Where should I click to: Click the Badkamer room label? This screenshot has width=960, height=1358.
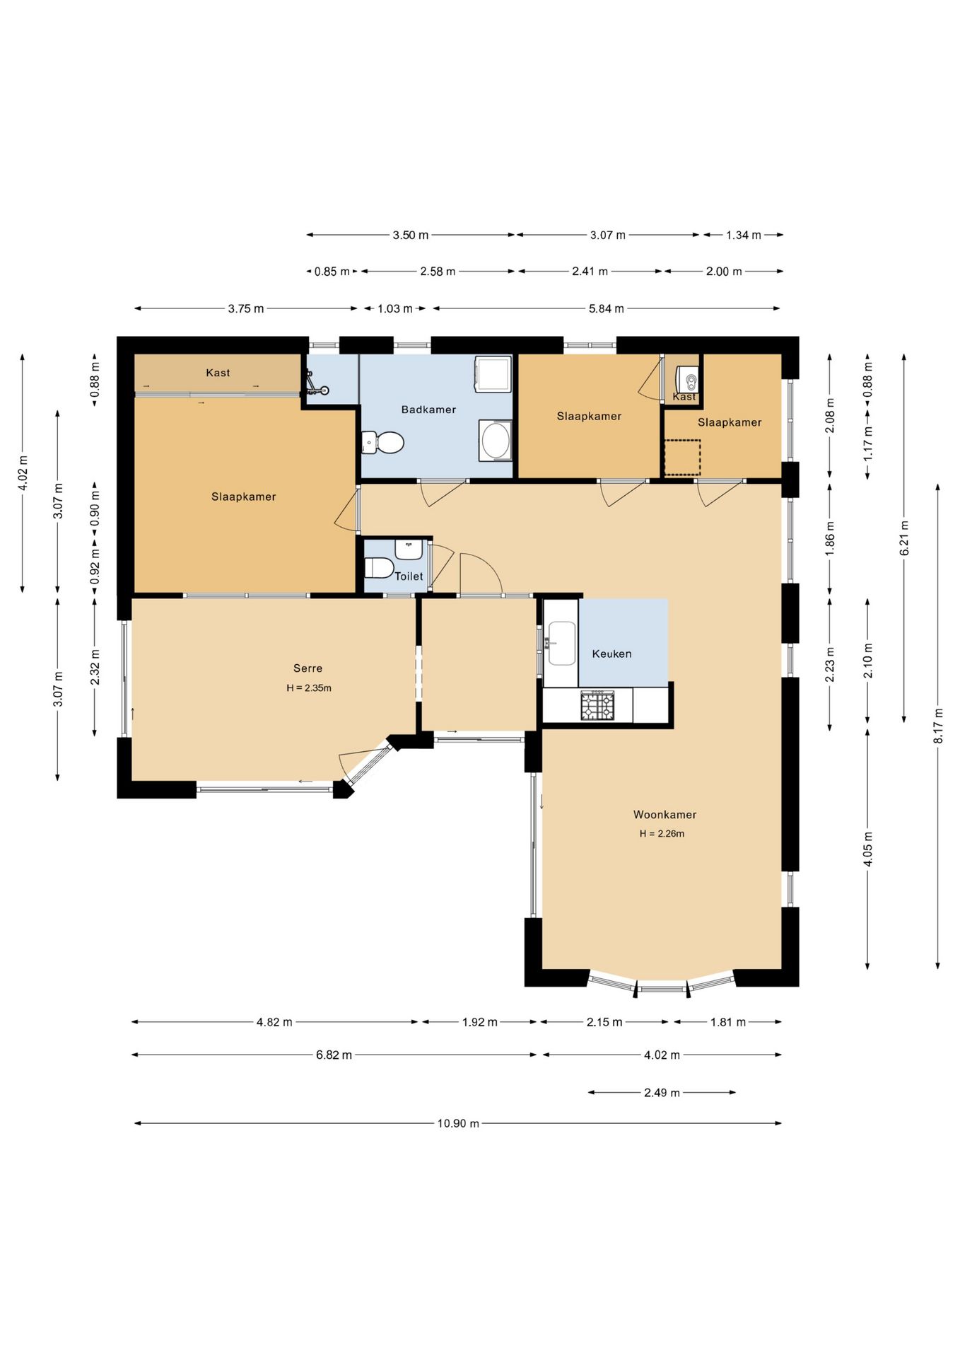[x=428, y=410]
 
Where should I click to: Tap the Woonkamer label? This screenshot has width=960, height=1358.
[x=665, y=815]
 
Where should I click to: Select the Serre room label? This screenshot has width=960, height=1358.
[x=308, y=668]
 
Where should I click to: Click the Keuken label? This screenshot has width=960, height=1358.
[x=611, y=654]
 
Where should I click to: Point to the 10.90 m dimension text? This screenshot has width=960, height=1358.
[x=458, y=1123]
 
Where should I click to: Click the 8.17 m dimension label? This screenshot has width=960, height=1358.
[x=938, y=726]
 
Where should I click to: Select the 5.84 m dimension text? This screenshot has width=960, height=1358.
[x=607, y=308]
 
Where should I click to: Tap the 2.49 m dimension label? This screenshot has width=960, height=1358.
[x=662, y=1093]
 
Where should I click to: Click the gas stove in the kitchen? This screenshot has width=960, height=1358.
[x=597, y=706]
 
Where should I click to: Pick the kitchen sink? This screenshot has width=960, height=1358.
[x=562, y=643]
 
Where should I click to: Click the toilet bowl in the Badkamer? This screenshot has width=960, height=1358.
[x=382, y=443]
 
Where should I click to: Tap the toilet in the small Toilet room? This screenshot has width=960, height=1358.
[x=379, y=567]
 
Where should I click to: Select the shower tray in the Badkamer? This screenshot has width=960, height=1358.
[x=493, y=373]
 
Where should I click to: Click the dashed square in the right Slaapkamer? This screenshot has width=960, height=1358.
[x=681, y=458]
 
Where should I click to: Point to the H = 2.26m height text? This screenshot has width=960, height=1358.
[x=662, y=834]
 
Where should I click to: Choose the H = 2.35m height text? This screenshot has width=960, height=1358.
[x=309, y=687]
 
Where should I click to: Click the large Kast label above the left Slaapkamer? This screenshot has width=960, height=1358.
[x=218, y=373]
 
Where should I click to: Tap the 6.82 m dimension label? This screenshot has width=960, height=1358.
[x=334, y=1055]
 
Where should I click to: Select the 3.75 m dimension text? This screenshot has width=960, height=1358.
[x=246, y=309]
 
